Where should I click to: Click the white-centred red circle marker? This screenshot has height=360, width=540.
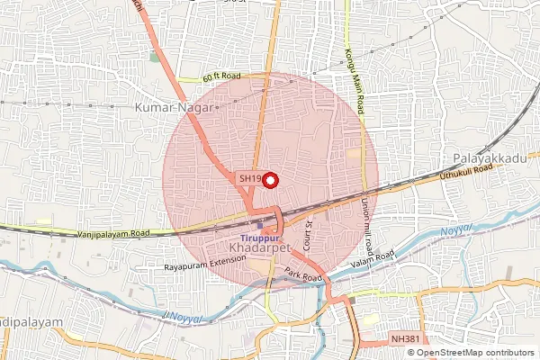pyautogui.click(x=270, y=179)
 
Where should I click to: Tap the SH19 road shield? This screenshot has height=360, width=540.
pyautogui.click(x=250, y=179)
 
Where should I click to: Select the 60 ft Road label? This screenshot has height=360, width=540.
pyautogui.click(x=223, y=78)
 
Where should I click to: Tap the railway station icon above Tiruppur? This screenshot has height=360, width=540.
pyautogui.click(x=261, y=225)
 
